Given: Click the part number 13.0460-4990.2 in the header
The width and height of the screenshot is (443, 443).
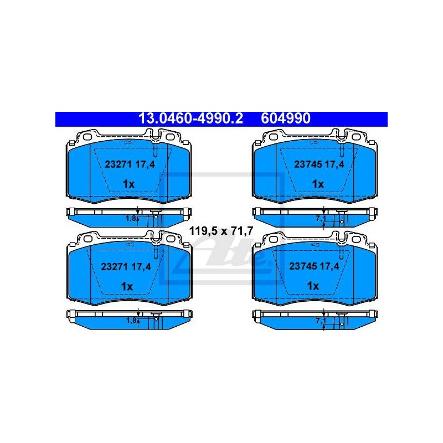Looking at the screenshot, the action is point(190,119).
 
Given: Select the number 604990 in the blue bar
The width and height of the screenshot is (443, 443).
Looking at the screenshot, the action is point(286,119).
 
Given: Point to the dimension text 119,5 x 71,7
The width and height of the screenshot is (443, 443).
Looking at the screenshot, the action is point(221,231).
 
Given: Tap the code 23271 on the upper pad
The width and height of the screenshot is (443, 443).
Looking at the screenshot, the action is point(118,164).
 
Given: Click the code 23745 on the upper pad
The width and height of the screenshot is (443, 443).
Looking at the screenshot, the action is point(307,164).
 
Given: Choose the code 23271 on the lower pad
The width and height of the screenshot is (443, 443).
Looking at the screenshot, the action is point(114,266).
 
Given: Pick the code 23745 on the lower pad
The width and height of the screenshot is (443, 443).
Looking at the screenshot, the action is point(302,266).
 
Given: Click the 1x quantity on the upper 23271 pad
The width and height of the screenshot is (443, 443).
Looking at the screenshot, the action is point(128,184).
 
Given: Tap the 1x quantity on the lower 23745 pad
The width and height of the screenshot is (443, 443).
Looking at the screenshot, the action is point(313,286).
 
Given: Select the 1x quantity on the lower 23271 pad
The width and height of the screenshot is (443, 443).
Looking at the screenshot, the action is point(127,286).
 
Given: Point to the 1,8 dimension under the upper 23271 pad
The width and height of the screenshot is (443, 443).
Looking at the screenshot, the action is point(131,218).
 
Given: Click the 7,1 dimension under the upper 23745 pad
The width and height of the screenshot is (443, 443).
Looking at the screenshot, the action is point(321,218).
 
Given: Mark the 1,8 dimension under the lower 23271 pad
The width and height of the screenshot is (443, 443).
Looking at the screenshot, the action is point(131,321).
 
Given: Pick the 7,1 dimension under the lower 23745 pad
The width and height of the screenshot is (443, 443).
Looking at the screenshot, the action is point(321,321).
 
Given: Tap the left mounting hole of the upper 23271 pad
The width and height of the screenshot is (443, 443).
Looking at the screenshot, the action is point(88,137).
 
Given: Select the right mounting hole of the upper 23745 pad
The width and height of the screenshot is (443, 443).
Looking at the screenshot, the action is point(356,137).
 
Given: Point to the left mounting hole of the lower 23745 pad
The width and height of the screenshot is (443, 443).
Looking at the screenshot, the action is point(274,239).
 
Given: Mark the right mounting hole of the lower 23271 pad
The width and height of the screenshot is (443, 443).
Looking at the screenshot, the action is point(171,239).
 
